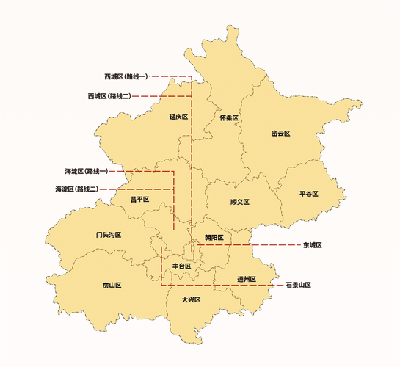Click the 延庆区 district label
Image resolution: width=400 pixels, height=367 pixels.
(x=178, y=117)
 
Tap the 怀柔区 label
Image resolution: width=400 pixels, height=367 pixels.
(x=230, y=118)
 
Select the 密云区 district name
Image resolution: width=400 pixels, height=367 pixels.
(x=281, y=134)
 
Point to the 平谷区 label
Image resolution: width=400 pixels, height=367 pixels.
(x=309, y=194)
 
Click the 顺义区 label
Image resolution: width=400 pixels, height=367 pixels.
(x=240, y=202)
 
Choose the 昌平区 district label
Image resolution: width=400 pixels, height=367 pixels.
(x=139, y=199)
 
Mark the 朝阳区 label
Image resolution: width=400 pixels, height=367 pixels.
(x=214, y=238)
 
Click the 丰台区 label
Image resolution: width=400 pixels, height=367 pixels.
(x=181, y=266)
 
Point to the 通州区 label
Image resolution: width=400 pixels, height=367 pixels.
(x=247, y=279)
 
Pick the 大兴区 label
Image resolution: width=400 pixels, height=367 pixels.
(x=191, y=299)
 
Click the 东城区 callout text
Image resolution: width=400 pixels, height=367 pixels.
(x=313, y=245)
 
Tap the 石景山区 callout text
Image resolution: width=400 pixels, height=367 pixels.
(x=299, y=284)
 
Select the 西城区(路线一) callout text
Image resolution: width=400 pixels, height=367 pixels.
(x=126, y=76)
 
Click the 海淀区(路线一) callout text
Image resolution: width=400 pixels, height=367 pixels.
(x=86, y=171)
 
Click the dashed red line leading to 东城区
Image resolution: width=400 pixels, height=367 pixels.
(x=275, y=245)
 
